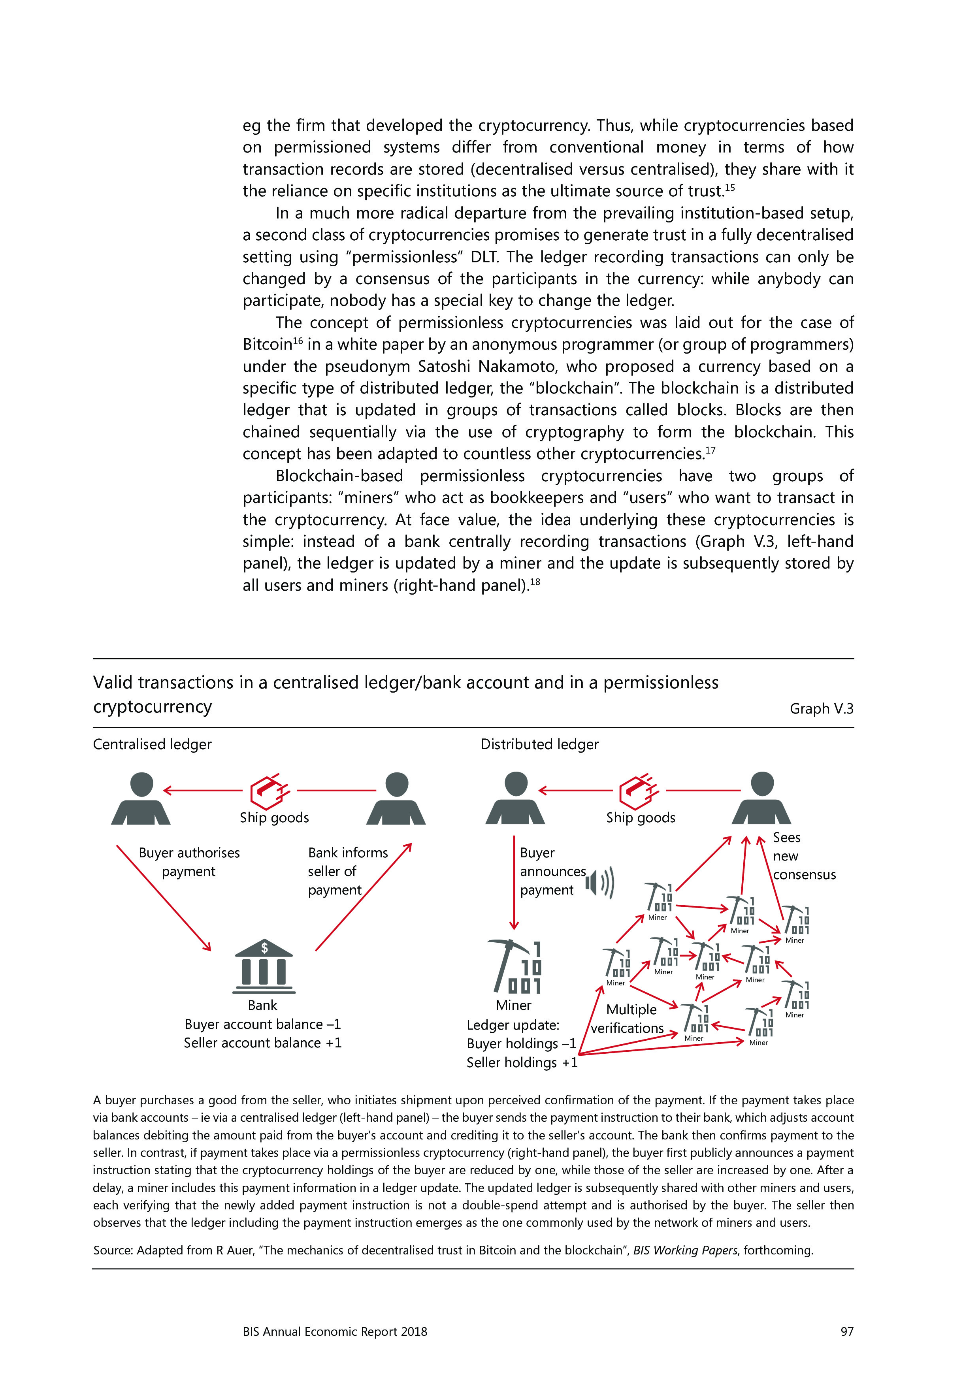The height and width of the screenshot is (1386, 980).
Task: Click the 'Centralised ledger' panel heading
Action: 152,744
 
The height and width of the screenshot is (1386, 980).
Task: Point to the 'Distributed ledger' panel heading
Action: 539,744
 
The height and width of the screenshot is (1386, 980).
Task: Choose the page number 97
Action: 846,1331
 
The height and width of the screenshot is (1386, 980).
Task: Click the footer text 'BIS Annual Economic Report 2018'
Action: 335,1331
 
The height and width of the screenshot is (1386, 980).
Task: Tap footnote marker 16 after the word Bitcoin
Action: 297,341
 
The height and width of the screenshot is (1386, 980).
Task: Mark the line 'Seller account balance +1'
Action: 263,1043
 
